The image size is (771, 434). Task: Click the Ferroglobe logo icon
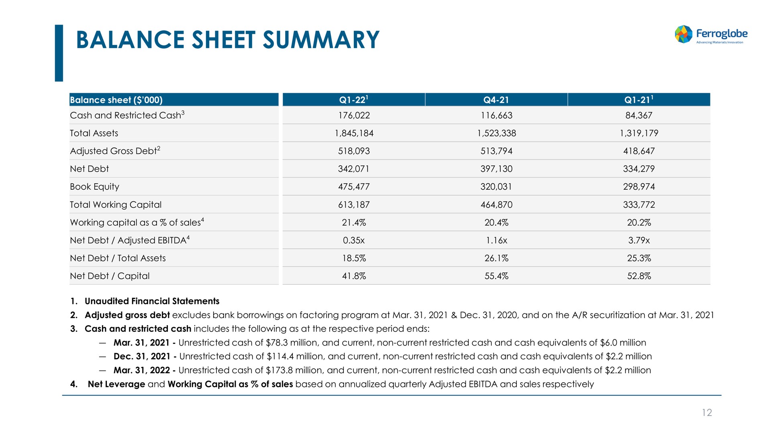(x=683, y=34)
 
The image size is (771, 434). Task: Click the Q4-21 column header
(x=496, y=100)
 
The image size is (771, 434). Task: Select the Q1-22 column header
(x=353, y=99)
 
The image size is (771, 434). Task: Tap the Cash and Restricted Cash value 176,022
(x=354, y=116)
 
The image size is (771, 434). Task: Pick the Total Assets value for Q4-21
(x=496, y=133)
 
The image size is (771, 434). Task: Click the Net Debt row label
(x=89, y=169)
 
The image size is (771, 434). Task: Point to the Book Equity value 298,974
(x=639, y=187)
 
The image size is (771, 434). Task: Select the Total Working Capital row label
(x=116, y=205)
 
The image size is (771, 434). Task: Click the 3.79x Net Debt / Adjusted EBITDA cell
(x=639, y=240)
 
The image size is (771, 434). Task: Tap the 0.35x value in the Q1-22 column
(x=354, y=240)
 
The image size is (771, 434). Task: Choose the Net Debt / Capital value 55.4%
(x=496, y=276)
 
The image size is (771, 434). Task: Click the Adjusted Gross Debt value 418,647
(x=639, y=151)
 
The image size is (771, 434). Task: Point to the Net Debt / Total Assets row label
(x=118, y=258)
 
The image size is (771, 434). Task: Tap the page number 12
(x=707, y=413)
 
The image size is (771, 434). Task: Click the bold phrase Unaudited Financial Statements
(x=152, y=301)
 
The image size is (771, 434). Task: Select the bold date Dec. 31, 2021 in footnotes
(x=142, y=356)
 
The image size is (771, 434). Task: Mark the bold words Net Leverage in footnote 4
(x=116, y=384)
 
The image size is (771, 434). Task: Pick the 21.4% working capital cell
(x=354, y=223)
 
